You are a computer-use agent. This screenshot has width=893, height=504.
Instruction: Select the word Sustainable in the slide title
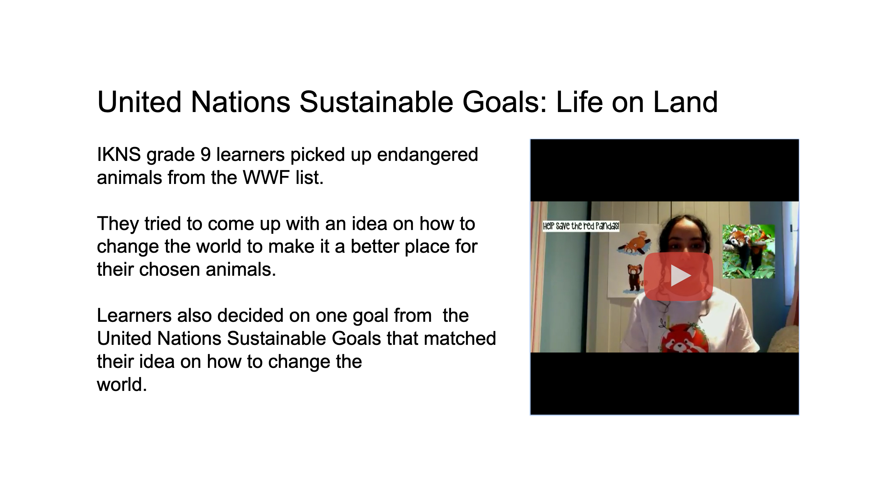click(376, 102)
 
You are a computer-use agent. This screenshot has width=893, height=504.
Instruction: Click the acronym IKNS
click(119, 155)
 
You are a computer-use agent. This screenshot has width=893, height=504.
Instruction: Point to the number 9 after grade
click(205, 155)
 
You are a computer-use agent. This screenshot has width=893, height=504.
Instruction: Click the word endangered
click(427, 155)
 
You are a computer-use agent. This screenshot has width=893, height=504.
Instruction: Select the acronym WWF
click(266, 178)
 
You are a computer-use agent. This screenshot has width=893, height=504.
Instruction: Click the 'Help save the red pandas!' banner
click(581, 226)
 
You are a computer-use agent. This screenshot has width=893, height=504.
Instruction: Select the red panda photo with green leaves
click(749, 251)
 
